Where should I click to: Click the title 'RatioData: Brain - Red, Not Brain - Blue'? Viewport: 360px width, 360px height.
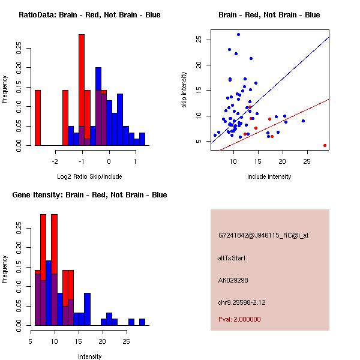pos(89,14)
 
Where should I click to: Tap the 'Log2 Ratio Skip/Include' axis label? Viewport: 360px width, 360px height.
pos(89,176)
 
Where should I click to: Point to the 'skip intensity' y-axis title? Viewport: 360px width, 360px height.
pos(184,90)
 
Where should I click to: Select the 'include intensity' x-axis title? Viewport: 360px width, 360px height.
pos(269,176)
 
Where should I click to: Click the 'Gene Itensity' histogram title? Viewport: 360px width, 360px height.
pos(89,195)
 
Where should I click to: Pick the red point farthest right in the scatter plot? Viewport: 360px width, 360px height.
pos(325,145)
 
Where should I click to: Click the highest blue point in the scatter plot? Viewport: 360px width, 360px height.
pos(238,35)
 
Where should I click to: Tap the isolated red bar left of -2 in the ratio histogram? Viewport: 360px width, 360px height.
pos(38,118)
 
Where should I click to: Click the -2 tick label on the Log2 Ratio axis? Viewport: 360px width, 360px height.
pos(55,161)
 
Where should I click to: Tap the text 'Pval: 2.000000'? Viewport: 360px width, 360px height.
pos(239,319)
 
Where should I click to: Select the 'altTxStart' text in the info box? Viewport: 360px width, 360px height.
pos(232,258)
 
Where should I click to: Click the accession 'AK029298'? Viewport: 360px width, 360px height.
pos(233,280)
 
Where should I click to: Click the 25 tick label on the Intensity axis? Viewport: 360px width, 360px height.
pos(126,341)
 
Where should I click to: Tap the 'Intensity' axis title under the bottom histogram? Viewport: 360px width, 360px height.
pos(89,356)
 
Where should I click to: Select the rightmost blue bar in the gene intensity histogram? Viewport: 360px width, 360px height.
pos(142,322)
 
